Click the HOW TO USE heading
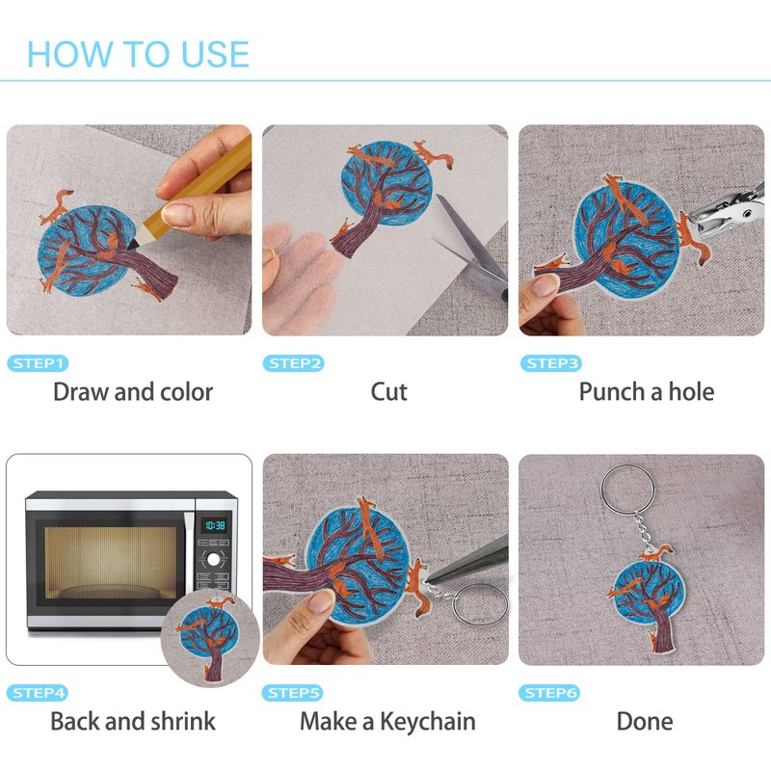[x=138, y=54]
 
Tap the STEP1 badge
[x=38, y=363]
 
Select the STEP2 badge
[x=294, y=363]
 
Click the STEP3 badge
[x=550, y=363]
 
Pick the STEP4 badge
[x=38, y=693]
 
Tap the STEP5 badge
[x=293, y=693]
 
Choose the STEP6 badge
[x=549, y=693]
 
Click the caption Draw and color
[x=133, y=392]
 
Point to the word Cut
[x=389, y=392]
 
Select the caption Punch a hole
[x=647, y=392]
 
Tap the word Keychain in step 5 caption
[x=428, y=722]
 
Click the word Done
[x=645, y=721]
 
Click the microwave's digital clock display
[x=215, y=525]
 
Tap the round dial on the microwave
[x=213, y=559]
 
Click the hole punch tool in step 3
[x=728, y=212]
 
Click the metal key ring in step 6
[x=627, y=489]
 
